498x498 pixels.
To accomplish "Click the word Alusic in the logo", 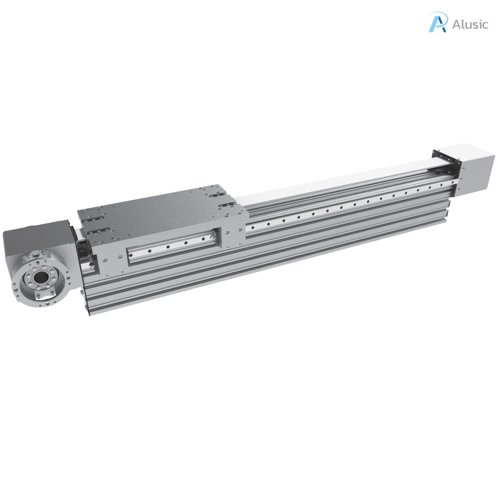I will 470,24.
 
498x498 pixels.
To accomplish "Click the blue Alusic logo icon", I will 438,22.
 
